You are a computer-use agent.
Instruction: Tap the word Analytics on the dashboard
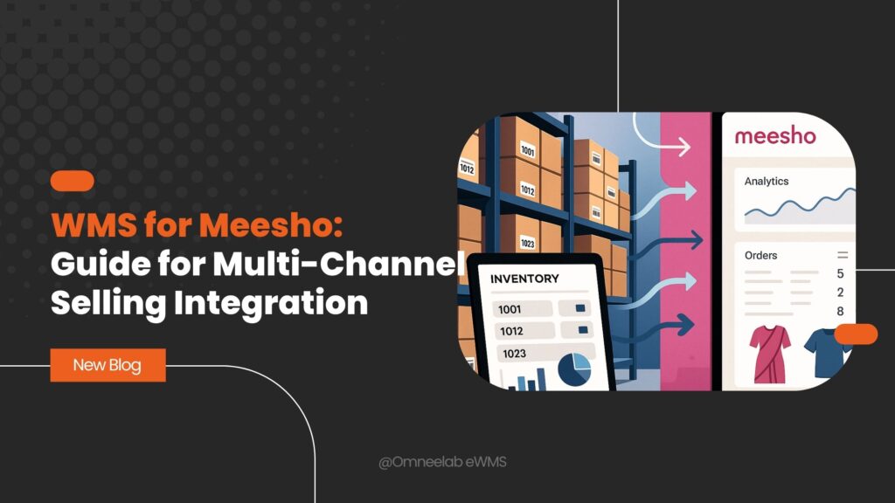point(766,182)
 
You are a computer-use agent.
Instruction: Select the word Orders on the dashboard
point(760,256)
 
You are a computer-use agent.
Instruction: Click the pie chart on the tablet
point(573,370)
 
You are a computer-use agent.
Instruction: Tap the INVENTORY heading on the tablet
point(524,279)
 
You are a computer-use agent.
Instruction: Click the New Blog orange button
point(108,365)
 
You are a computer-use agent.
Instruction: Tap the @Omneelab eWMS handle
point(442,462)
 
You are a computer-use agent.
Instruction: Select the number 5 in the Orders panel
point(840,274)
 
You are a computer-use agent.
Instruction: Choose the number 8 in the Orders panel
point(840,312)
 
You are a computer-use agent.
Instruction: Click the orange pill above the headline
point(73,181)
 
